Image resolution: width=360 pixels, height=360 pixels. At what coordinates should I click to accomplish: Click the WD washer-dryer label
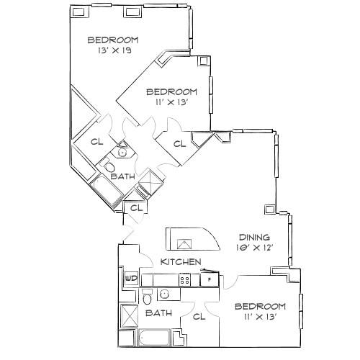pos(131,279)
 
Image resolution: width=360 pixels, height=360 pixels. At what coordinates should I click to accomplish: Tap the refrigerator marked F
pos(210,279)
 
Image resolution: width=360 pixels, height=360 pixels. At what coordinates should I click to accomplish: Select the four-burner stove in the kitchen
pos(184,280)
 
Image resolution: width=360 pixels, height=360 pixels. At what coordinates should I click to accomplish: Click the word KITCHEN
pos(181,261)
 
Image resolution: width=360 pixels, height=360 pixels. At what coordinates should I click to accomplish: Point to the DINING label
pos(255,238)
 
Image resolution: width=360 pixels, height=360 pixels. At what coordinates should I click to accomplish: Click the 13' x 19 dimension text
pos(114,50)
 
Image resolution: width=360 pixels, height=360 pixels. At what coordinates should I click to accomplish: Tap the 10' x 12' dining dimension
pos(255,248)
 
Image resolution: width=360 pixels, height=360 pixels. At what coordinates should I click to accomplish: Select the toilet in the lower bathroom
pos(147,297)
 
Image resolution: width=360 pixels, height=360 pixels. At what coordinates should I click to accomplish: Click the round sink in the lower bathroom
pos(165,294)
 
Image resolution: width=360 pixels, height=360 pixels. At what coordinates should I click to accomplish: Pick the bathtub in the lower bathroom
pos(154,338)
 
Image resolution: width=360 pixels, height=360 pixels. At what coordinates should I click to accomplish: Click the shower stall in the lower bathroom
pos(129,316)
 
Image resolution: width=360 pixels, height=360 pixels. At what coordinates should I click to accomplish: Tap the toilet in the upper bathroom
pos(109,166)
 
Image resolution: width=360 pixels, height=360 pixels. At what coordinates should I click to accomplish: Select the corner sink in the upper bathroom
pos(123,151)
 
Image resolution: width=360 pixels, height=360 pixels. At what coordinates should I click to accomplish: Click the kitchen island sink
pos(184,244)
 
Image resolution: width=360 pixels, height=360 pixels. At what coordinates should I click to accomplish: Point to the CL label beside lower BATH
pos(199,317)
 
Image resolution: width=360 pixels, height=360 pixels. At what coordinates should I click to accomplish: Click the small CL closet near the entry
pos(136,208)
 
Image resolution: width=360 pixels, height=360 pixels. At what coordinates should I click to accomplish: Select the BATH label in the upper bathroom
pos(123,176)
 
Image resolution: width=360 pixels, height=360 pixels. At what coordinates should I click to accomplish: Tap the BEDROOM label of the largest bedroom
pos(113,40)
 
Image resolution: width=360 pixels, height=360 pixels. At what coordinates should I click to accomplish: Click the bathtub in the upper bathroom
pos(107,191)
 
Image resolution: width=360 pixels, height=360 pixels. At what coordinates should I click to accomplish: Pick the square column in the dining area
pos(269,210)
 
